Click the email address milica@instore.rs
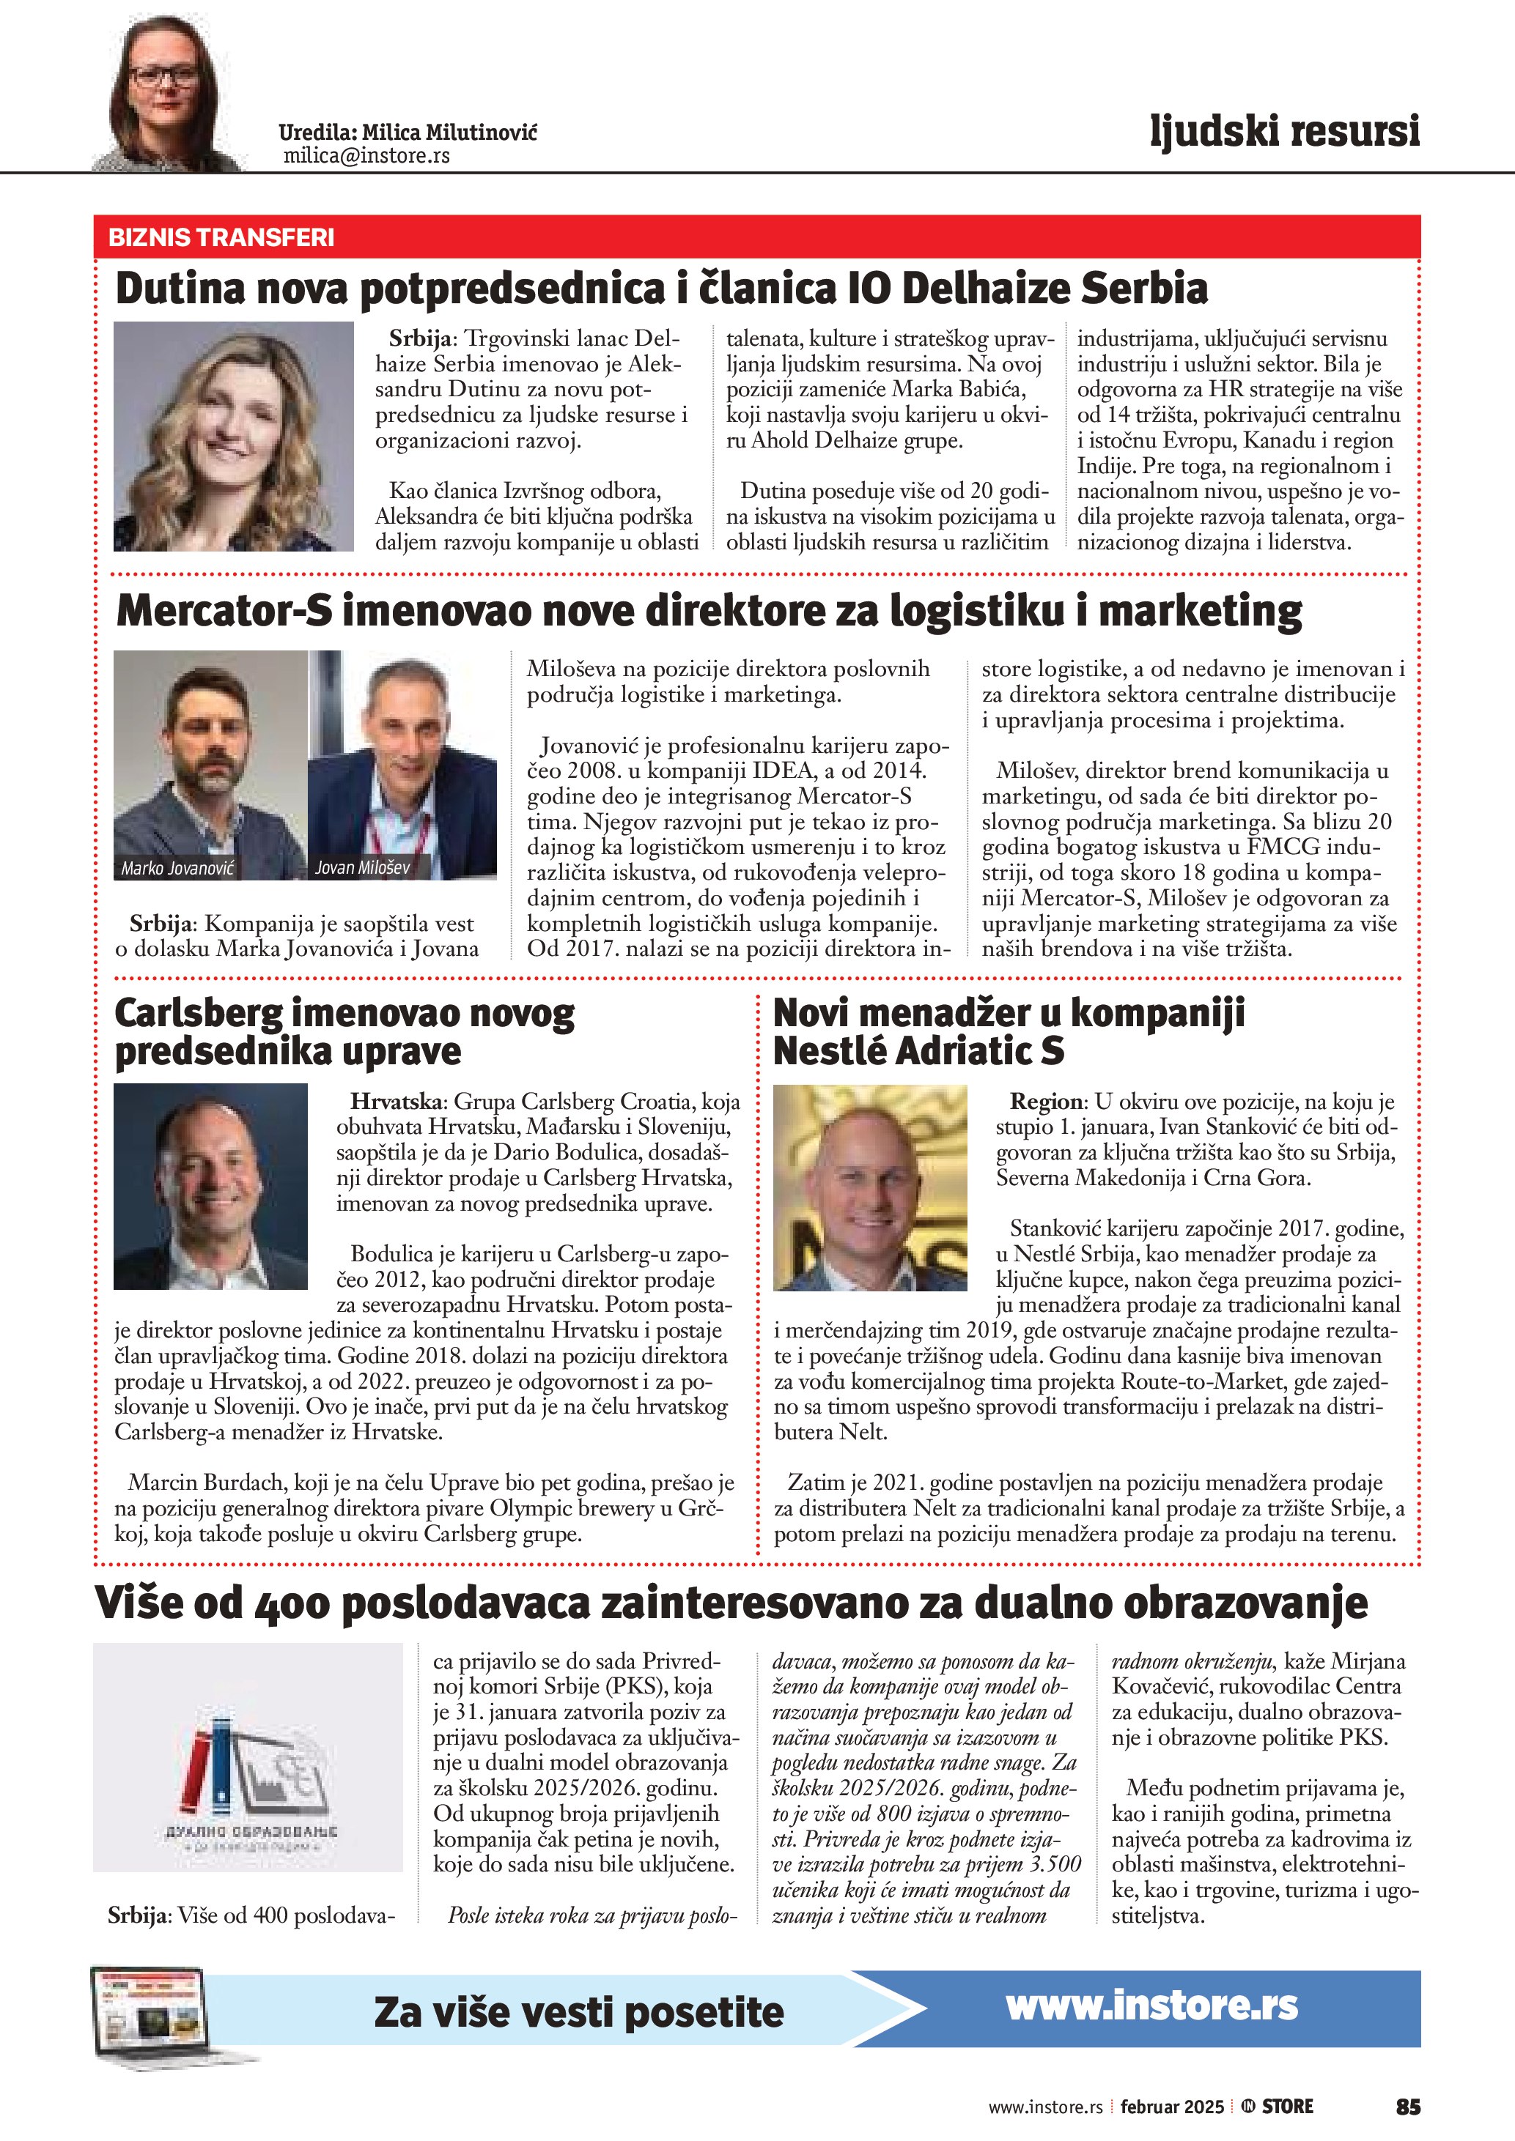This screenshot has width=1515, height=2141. [366, 156]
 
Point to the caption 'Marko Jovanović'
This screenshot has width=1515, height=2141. [177, 868]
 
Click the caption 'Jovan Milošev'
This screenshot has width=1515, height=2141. [362, 867]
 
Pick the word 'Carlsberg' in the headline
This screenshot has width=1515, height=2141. [199, 1013]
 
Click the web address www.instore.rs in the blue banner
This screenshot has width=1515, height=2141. [1151, 2005]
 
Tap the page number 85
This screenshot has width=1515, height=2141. [1408, 2107]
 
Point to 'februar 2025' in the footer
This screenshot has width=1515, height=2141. [1172, 2107]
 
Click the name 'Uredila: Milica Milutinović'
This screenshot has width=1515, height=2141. [408, 133]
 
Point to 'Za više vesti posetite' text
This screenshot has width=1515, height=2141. [578, 2012]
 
